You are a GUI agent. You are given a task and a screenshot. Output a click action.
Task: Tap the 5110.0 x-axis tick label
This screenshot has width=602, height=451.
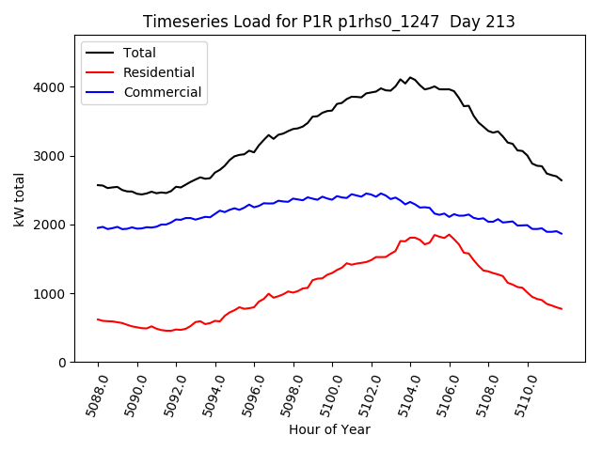[522, 395]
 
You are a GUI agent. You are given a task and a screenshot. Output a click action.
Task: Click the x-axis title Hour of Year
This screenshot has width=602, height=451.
[329, 429]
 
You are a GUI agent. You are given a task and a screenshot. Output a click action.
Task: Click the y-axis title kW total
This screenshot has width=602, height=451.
[19, 200]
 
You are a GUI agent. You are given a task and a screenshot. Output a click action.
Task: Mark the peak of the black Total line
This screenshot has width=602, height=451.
[410, 77]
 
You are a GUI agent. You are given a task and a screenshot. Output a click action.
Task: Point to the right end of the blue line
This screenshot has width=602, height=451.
[562, 233]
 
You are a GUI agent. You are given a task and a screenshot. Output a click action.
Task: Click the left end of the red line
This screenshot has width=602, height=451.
[98, 319]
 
